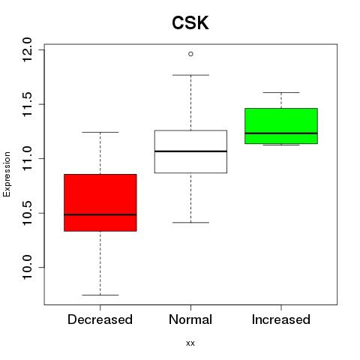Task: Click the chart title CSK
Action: (x=190, y=23)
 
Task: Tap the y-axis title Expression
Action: (x=7, y=174)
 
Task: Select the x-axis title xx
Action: (x=190, y=343)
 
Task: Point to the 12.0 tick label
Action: (x=27, y=49)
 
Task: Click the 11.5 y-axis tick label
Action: (x=27, y=104)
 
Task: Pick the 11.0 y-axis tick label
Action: (x=27, y=159)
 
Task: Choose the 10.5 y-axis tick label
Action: (x=27, y=213)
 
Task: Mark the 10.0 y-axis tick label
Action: (x=27, y=268)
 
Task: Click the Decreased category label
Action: (x=100, y=319)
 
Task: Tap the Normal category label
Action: (x=190, y=319)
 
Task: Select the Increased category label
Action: (x=281, y=319)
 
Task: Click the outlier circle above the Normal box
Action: (x=190, y=54)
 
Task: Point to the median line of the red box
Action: (x=100, y=214)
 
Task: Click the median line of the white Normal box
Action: (x=190, y=151)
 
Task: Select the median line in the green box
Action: (x=281, y=133)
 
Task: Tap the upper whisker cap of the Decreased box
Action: (x=100, y=132)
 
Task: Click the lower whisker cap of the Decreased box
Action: (x=100, y=295)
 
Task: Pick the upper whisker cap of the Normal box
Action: (x=190, y=75)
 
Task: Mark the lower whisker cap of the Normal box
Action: (x=190, y=223)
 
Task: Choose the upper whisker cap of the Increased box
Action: (x=281, y=92)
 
